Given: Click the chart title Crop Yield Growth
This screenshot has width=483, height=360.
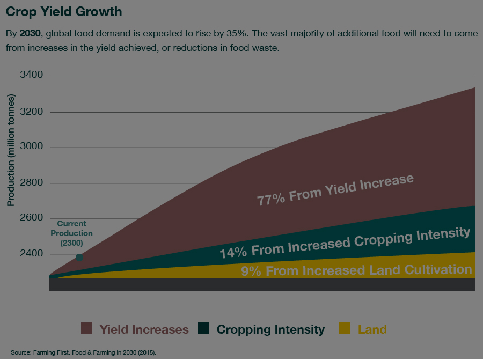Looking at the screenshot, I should click(x=64, y=11).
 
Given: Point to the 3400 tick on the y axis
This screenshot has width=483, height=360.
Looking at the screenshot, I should click(x=31, y=75).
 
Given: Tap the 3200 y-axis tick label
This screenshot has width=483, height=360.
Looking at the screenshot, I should click(x=31, y=113).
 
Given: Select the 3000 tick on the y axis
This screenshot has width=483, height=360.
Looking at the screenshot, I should click(x=31, y=148).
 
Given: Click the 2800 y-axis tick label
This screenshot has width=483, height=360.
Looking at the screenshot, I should click(x=31, y=183).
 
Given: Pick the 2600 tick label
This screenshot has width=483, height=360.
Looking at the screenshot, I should click(x=31, y=218).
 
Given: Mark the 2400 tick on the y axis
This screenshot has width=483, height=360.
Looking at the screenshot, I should click(x=31, y=253).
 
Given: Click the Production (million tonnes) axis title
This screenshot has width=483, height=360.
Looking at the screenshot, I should click(x=10, y=150).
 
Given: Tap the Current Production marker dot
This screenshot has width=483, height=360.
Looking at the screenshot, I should click(x=79, y=258).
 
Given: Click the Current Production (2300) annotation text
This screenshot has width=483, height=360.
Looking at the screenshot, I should click(x=71, y=233).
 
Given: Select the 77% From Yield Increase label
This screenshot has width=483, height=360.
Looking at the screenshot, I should click(x=335, y=190).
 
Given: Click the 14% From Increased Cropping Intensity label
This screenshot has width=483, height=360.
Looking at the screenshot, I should click(x=345, y=243).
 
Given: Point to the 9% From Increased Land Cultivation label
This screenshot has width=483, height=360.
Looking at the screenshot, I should click(x=356, y=270).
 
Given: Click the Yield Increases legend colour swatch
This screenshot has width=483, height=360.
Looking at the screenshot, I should click(x=87, y=329).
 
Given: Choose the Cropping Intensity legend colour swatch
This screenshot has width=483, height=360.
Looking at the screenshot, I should click(x=204, y=329).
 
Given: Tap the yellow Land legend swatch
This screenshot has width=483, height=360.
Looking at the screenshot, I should click(x=345, y=329).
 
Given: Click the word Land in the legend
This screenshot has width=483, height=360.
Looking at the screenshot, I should click(x=372, y=329).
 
